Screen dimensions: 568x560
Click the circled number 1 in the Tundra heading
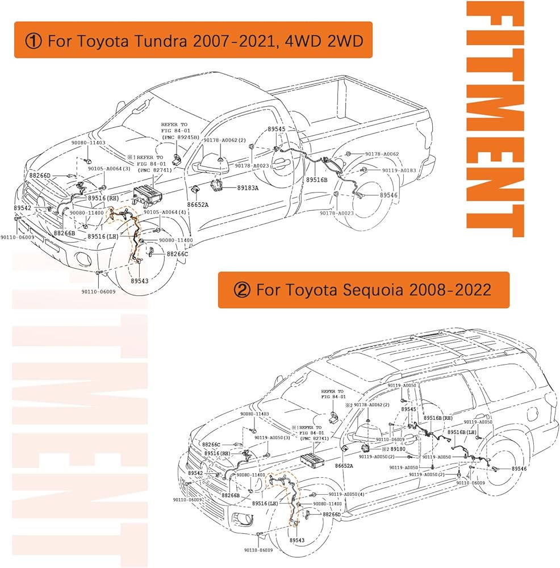click(x=32, y=41)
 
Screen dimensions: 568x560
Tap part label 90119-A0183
click(x=399, y=170)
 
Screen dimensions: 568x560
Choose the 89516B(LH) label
click(x=462, y=433)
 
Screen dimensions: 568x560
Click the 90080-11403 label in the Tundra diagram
click(x=88, y=143)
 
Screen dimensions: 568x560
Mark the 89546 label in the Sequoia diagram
click(x=519, y=469)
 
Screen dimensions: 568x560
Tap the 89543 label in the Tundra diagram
click(x=139, y=281)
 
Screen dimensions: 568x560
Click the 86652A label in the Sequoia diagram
click(x=344, y=466)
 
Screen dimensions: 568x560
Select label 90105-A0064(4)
click(x=165, y=212)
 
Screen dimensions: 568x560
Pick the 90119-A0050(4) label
click(x=346, y=494)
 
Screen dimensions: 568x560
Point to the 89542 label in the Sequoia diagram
click(x=194, y=473)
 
